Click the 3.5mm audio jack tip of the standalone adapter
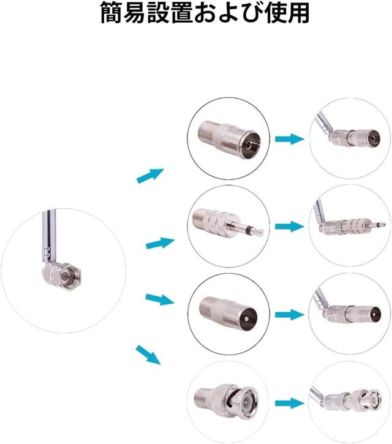click(258, 231)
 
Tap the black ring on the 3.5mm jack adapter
click(248, 228)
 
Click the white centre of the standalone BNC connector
click(246, 401)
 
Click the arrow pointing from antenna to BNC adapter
click(148, 355)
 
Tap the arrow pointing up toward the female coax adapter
click(150, 176)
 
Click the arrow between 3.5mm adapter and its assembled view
click(289, 226)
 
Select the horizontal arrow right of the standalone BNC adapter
click(289, 403)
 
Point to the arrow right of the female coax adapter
click(289, 139)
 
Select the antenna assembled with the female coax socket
click(348, 133)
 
